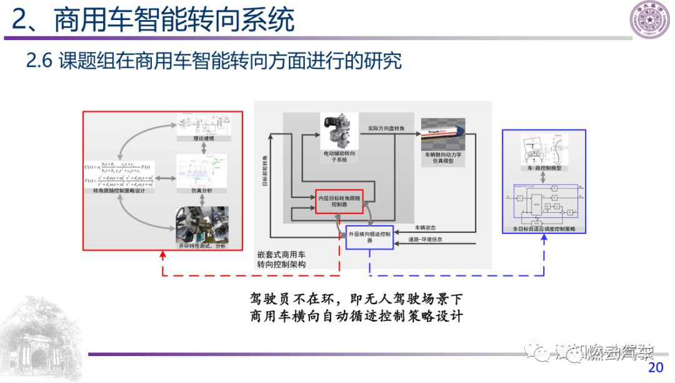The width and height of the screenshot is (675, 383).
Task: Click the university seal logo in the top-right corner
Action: point(649,20)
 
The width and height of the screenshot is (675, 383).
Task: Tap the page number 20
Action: point(656,367)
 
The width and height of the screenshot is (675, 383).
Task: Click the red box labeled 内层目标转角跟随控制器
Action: point(338,201)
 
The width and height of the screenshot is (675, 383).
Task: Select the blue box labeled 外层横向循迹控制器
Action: point(369,237)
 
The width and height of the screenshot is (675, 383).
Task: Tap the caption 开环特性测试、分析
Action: point(201,246)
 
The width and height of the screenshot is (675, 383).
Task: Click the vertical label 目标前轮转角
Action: point(264,173)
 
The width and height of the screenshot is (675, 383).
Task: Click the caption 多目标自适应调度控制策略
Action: point(544,229)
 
